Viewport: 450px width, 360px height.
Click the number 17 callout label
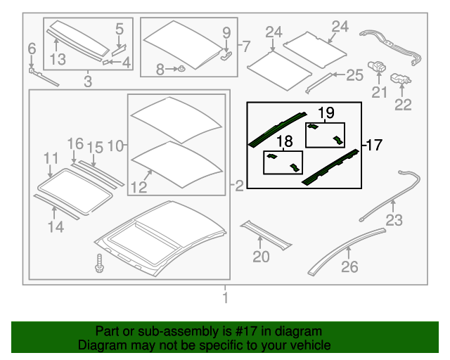(x=375, y=146)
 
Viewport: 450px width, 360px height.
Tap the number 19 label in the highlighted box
(x=326, y=112)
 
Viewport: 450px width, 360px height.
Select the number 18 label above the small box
(x=283, y=141)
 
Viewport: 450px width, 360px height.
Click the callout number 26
(x=349, y=266)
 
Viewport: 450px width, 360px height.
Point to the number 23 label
(x=394, y=220)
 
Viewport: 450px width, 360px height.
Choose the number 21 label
(x=380, y=92)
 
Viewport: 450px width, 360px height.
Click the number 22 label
(x=403, y=105)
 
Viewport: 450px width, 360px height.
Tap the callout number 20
(x=261, y=257)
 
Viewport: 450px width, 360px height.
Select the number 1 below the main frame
(x=226, y=299)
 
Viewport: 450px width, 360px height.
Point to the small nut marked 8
(x=181, y=69)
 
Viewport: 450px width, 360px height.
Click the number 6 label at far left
(x=31, y=49)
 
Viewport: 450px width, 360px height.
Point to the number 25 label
(x=354, y=75)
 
